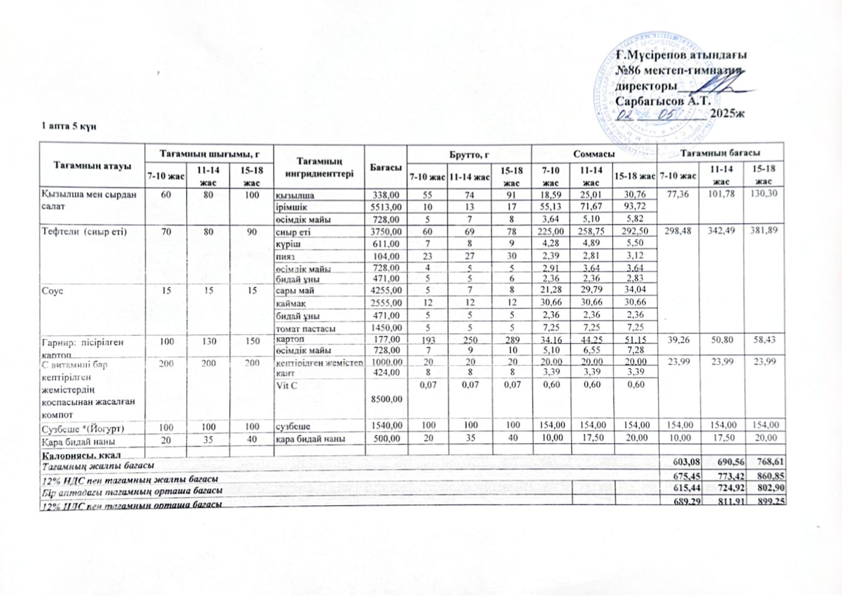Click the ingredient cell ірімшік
click(291, 207)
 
